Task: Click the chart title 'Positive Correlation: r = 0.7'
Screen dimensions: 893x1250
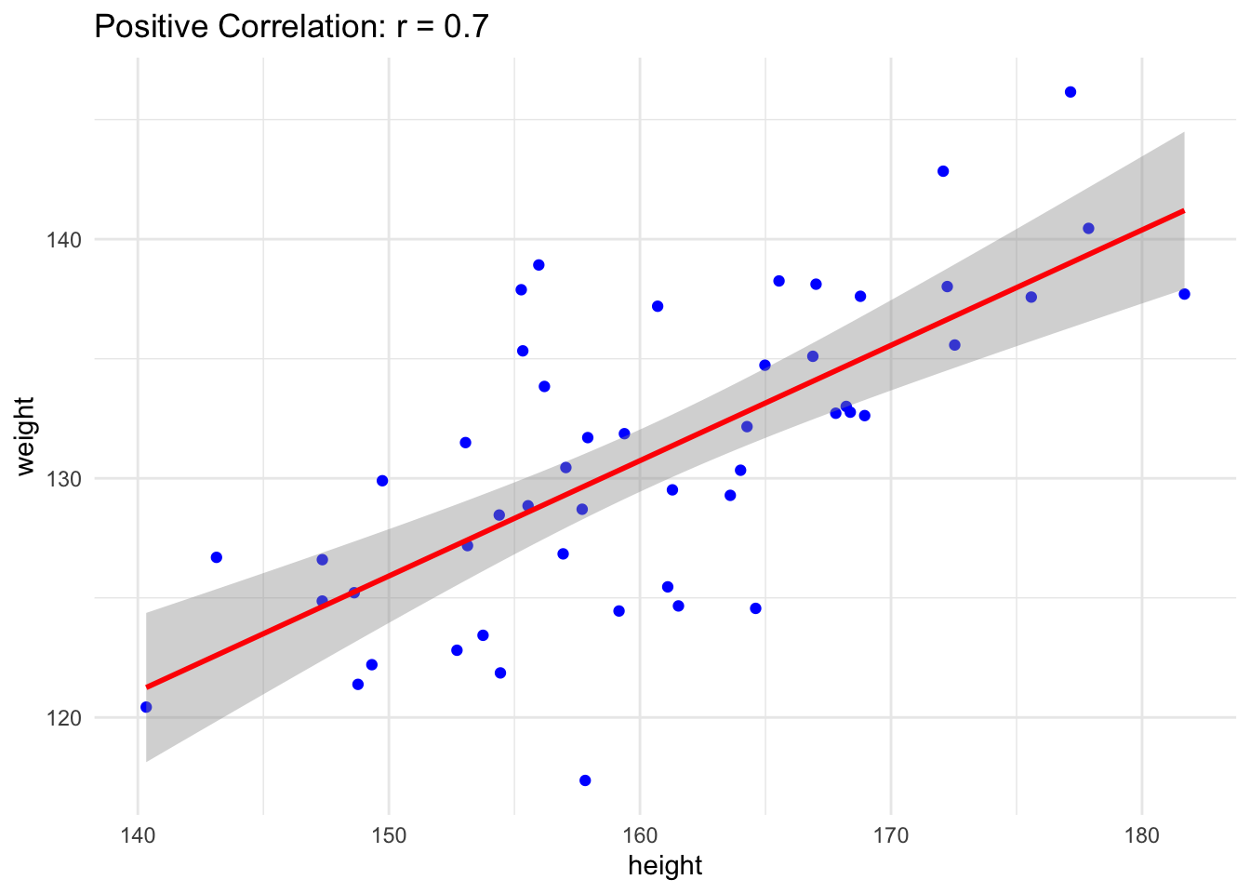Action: coord(291,27)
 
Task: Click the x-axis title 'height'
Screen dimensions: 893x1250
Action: coord(665,866)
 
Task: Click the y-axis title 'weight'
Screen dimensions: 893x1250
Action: coord(25,436)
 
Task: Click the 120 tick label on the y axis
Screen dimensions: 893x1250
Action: coord(64,718)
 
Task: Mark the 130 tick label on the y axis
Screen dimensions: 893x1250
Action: coord(64,479)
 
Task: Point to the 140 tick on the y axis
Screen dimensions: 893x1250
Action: coord(64,240)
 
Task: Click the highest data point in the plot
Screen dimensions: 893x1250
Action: coord(1070,92)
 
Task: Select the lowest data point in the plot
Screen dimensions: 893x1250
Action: coord(585,780)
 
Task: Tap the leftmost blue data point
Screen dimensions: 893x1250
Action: coord(146,707)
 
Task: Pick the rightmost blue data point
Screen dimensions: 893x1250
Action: coord(1184,294)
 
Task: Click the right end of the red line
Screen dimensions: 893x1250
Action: coord(1183,211)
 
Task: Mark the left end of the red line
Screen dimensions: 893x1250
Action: coord(147,687)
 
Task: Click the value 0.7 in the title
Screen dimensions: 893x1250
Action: coord(467,27)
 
